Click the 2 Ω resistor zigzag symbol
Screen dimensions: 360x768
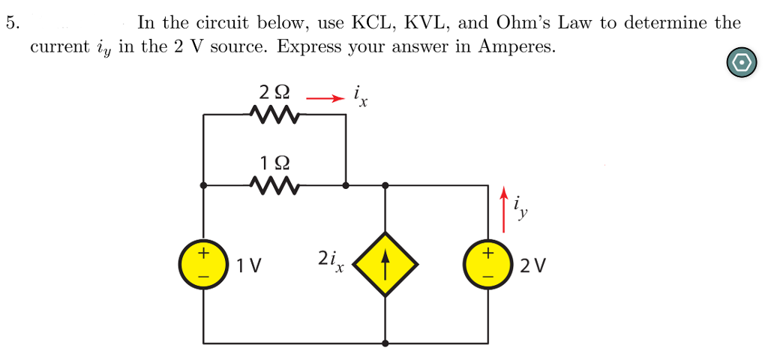(x=274, y=115)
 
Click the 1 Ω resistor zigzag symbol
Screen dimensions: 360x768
(x=274, y=184)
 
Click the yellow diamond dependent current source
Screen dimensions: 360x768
(x=385, y=264)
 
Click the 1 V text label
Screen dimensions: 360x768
(x=249, y=265)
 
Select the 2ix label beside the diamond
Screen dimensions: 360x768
(x=329, y=260)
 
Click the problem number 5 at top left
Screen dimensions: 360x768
(x=10, y=22)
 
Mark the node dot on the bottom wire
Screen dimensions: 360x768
(x=385, y=343)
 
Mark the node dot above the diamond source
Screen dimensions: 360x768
(x=385, y=184)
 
